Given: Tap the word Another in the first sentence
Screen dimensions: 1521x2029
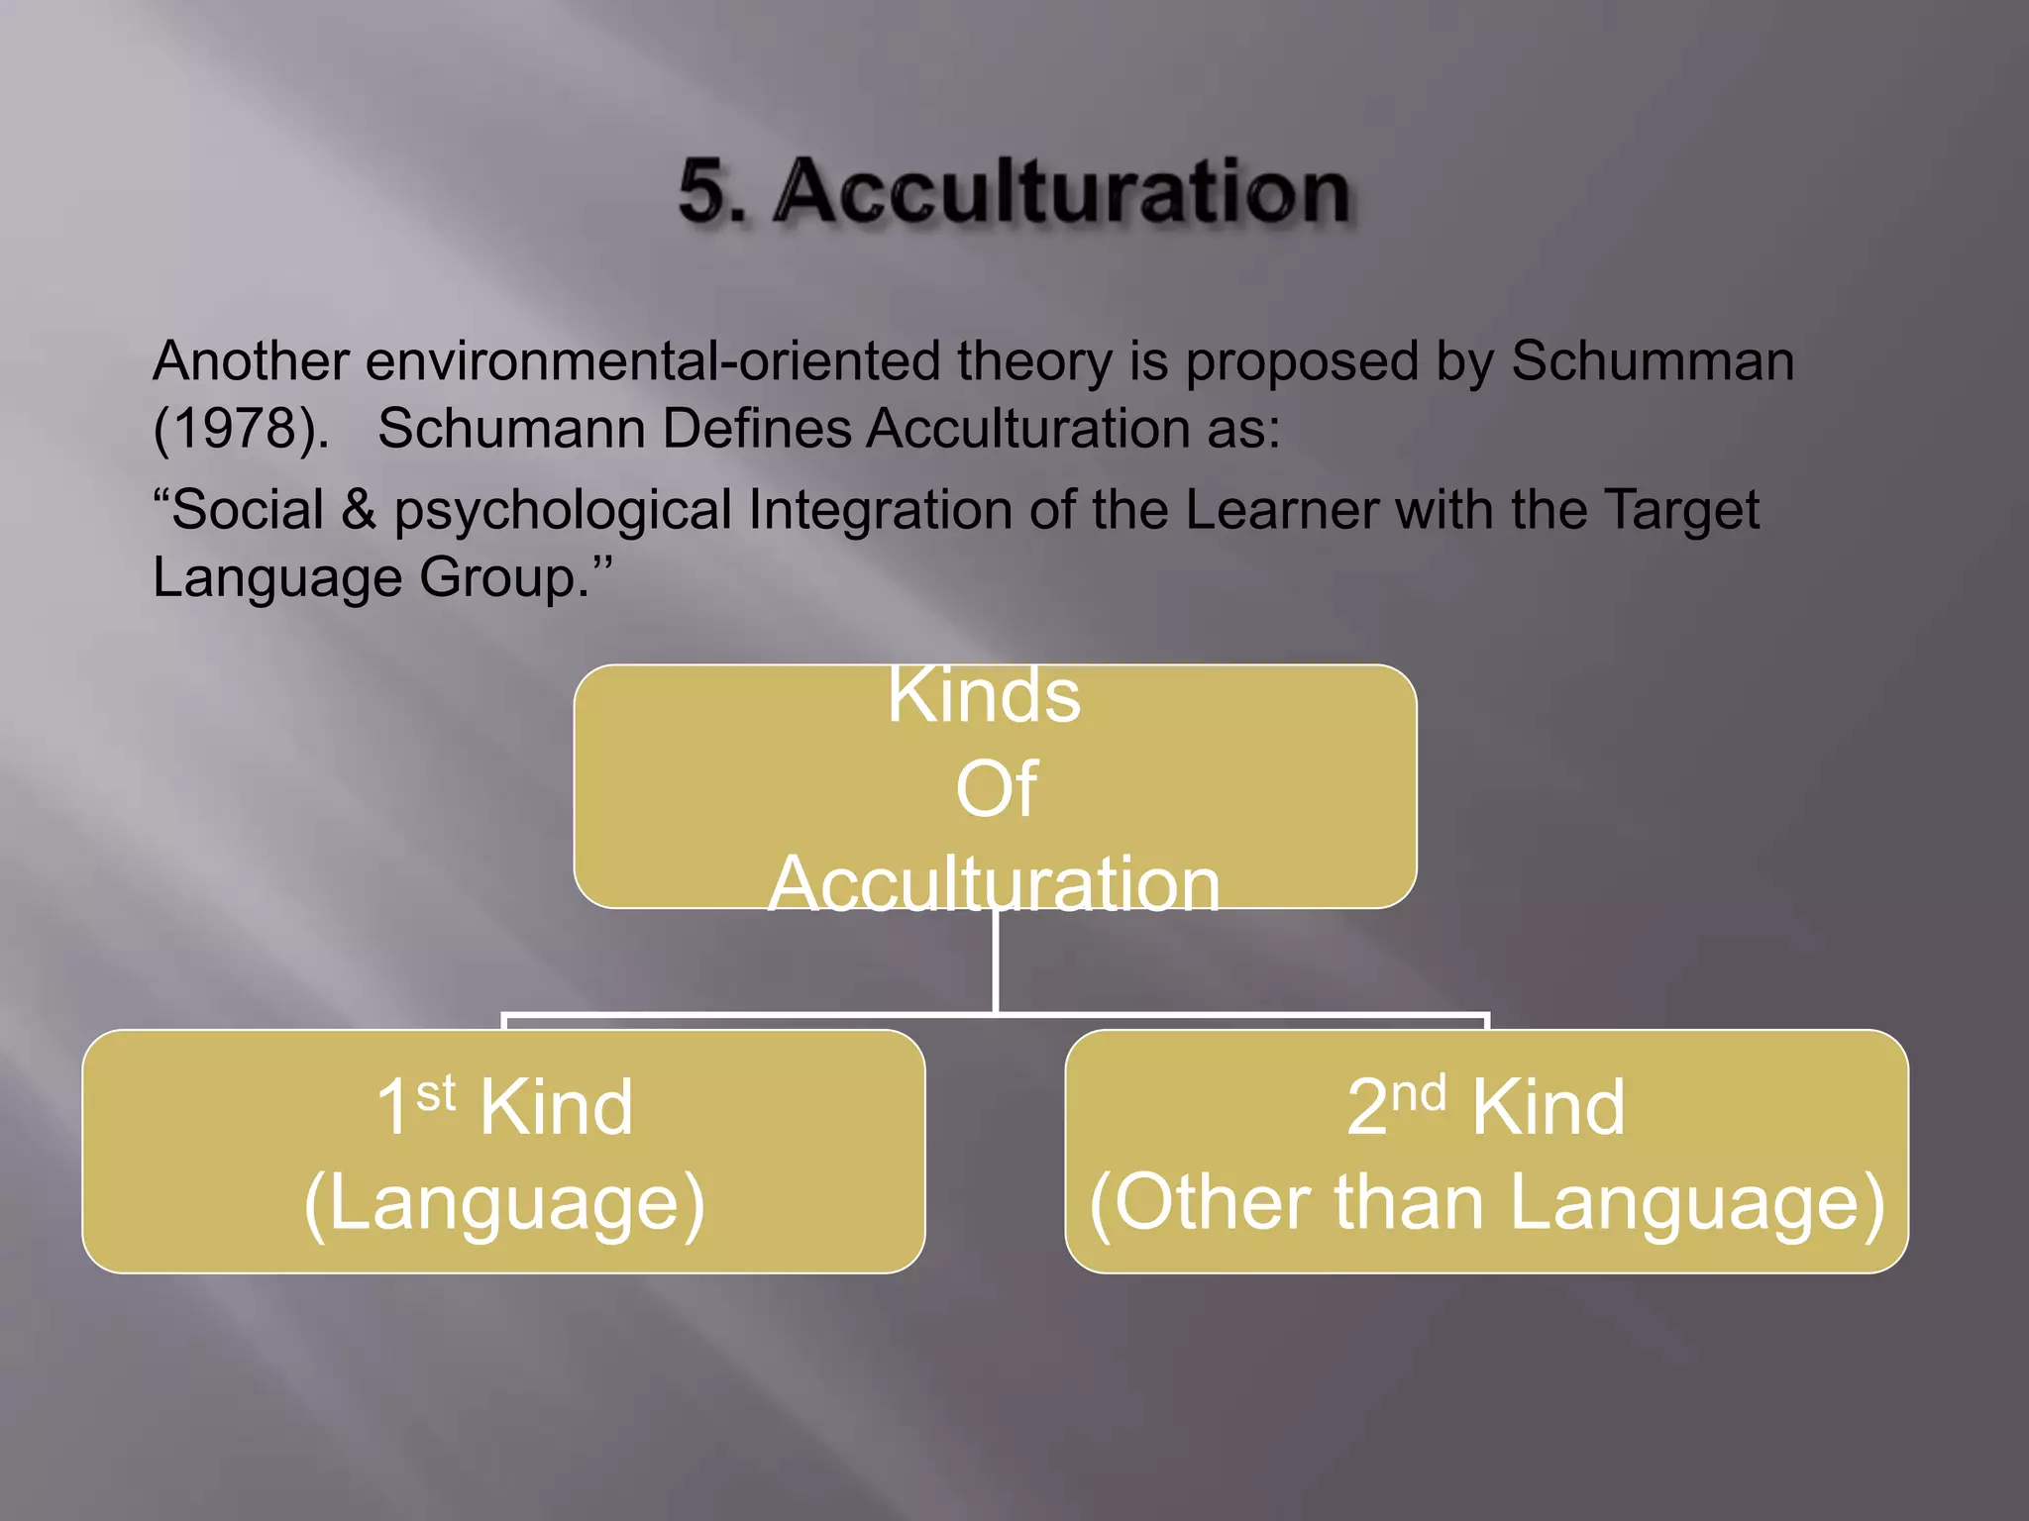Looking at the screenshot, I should [x=251, y=360].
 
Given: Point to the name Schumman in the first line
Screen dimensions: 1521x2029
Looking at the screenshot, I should [x=1653, y=360].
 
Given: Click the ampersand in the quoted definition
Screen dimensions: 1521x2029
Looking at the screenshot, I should [x=359, y=510].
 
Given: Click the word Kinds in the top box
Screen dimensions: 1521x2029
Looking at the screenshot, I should [x=984, y=695].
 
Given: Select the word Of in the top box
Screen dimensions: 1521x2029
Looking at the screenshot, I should [x=996, y=789].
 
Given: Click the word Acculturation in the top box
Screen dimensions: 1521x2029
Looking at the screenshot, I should [x=994, y=883].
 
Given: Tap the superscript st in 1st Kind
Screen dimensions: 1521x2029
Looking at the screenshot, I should [x=435, y=1093].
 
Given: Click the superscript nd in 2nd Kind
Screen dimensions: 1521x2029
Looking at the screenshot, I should [x=1418, y=1093].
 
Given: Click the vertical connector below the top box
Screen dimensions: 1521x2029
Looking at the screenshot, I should [x=995, y=961].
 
